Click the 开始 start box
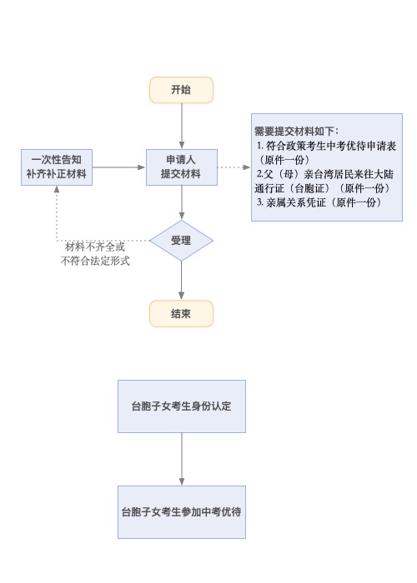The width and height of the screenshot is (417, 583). point(181,90)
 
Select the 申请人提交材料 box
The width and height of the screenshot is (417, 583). point(181,167)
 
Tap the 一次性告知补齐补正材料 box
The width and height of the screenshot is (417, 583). point(57,167)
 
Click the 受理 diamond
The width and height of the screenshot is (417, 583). point(181,241)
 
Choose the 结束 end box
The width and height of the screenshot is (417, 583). point(181,313)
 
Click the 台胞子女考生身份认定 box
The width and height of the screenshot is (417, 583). point(182,406)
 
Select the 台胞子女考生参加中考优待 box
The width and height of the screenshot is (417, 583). point(182,512)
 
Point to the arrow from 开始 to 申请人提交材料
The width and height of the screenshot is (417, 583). point(182,126)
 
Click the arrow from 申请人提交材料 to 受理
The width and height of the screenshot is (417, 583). point(182,202)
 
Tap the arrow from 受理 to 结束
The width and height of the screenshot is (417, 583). point(181,281)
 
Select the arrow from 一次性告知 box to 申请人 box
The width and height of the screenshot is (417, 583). point(119,167)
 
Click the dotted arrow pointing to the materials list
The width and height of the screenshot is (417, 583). point(234,167)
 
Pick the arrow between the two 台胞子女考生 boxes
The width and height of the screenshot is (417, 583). point(182,459)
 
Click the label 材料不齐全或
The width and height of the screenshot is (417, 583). point(95,247)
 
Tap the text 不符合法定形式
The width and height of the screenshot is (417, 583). point(95,261)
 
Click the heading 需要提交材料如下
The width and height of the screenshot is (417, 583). point(296,132)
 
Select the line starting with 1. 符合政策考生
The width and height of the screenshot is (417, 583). point(326,146)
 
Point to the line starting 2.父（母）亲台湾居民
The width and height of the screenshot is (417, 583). point(324,174)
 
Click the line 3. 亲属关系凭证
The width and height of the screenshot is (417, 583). point(319,202)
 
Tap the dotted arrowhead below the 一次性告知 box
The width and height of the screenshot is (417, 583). point(57,189)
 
